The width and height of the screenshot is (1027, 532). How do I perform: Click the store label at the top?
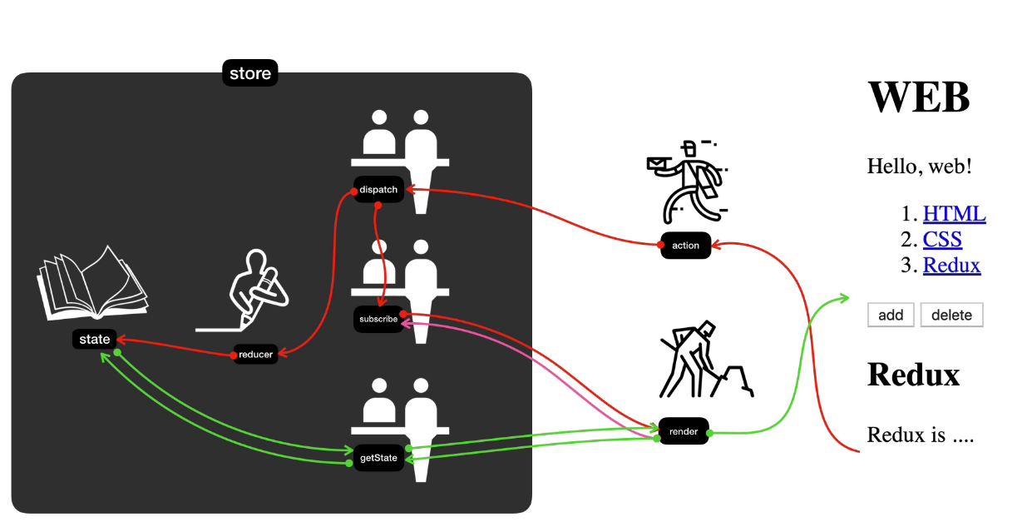pos(250,73)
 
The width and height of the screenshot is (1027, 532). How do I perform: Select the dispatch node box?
pos(378,190)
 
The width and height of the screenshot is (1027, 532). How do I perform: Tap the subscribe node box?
pos(378,319)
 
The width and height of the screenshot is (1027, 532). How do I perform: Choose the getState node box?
pos(378,458)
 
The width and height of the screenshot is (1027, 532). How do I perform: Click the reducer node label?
pos(255,355)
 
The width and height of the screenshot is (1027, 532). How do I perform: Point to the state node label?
pos(94,340)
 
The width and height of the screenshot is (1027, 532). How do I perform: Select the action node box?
pos(686,246)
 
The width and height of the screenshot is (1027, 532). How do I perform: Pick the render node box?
pos(684,431)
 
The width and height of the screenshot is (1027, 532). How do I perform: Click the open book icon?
pos(91,283)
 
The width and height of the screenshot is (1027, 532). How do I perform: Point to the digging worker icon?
pos(703,362)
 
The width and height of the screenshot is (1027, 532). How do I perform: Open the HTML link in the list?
pos(954,214)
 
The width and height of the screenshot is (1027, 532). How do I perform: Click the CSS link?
pos(942,240)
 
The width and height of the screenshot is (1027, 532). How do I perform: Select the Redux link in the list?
pos(951,266)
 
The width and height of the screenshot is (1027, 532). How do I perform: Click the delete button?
pos(951,315)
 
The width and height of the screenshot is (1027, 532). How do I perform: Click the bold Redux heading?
pos(913,375)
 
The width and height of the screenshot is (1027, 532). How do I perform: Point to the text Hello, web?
pos(919,166)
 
